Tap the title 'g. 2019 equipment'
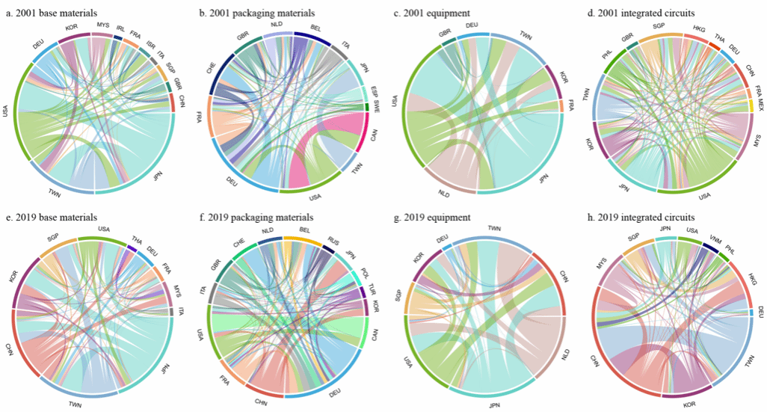[x=436, y=218]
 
